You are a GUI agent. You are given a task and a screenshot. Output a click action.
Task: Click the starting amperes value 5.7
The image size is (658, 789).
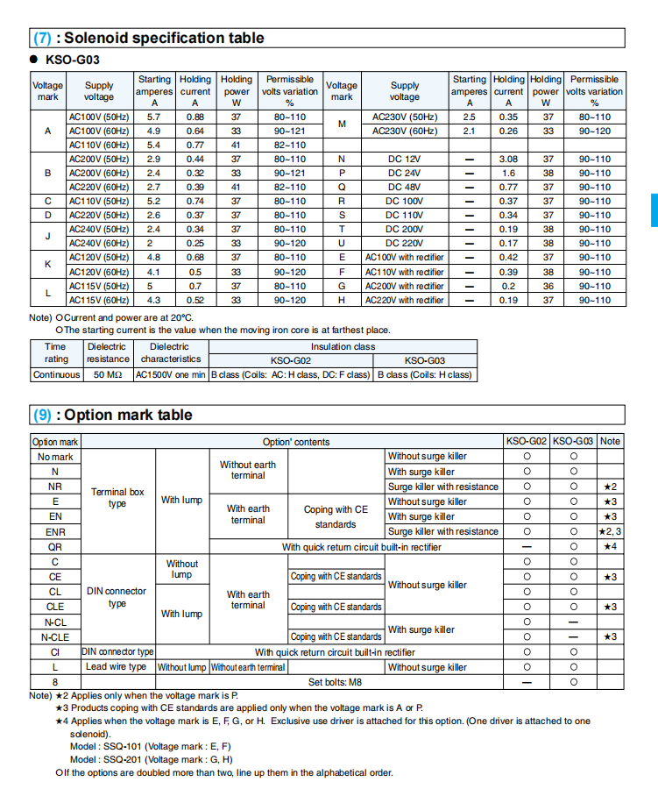coord(154,117)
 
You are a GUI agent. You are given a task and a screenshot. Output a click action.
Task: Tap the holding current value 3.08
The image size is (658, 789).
coord(508,159)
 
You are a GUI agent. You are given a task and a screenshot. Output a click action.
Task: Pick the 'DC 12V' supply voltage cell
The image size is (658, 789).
coord(404,159)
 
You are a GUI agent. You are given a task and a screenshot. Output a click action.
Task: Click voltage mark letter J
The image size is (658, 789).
coord(47,236)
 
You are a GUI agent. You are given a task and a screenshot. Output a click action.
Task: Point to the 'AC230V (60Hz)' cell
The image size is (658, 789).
coord(404,131)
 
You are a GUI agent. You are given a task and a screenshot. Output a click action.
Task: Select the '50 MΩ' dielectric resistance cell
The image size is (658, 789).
coord(107,374)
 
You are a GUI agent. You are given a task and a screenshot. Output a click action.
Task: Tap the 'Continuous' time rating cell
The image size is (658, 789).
coord(56,374)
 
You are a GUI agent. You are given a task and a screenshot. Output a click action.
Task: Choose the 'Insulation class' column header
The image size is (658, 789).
coord(343,346)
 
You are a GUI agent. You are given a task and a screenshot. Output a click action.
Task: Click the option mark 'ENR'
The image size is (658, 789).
coord(55,531)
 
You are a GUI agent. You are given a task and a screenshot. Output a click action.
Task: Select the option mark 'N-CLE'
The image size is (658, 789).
coord(55,636)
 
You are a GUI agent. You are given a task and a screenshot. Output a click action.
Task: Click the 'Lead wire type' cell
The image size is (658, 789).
coord(116,667)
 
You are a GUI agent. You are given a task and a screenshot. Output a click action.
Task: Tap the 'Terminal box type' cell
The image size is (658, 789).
coord(117,497)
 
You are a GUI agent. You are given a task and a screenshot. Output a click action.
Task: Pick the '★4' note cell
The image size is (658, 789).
coord(611,546)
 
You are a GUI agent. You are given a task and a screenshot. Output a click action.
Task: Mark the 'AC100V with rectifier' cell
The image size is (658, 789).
coord(404,258)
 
